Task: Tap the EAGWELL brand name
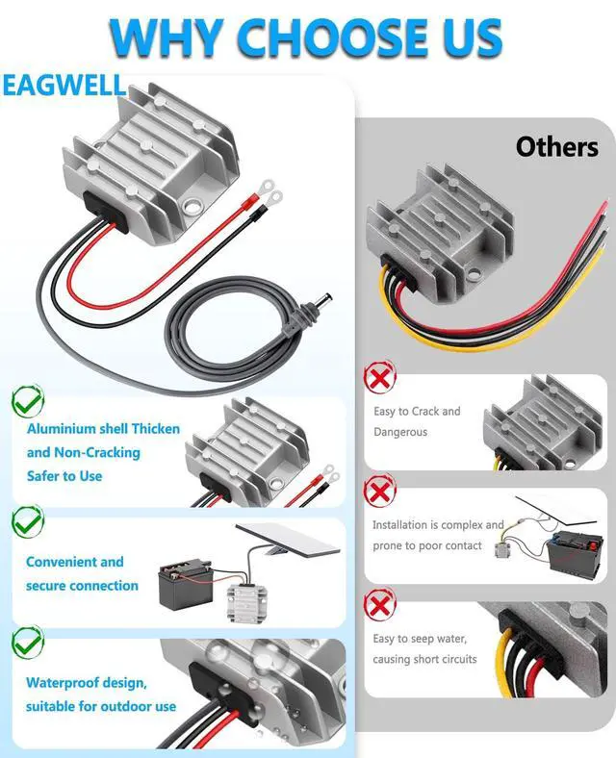point(64,85)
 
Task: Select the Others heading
point(556,147)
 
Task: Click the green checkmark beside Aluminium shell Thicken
point(27,400)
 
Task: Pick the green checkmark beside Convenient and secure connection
point(27,522)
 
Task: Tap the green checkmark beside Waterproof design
point(27,642)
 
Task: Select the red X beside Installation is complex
point(379,492)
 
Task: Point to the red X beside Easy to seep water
point(379,606)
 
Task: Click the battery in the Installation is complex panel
point(572,555)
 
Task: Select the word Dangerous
point(400,432)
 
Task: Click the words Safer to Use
point(64,475)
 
